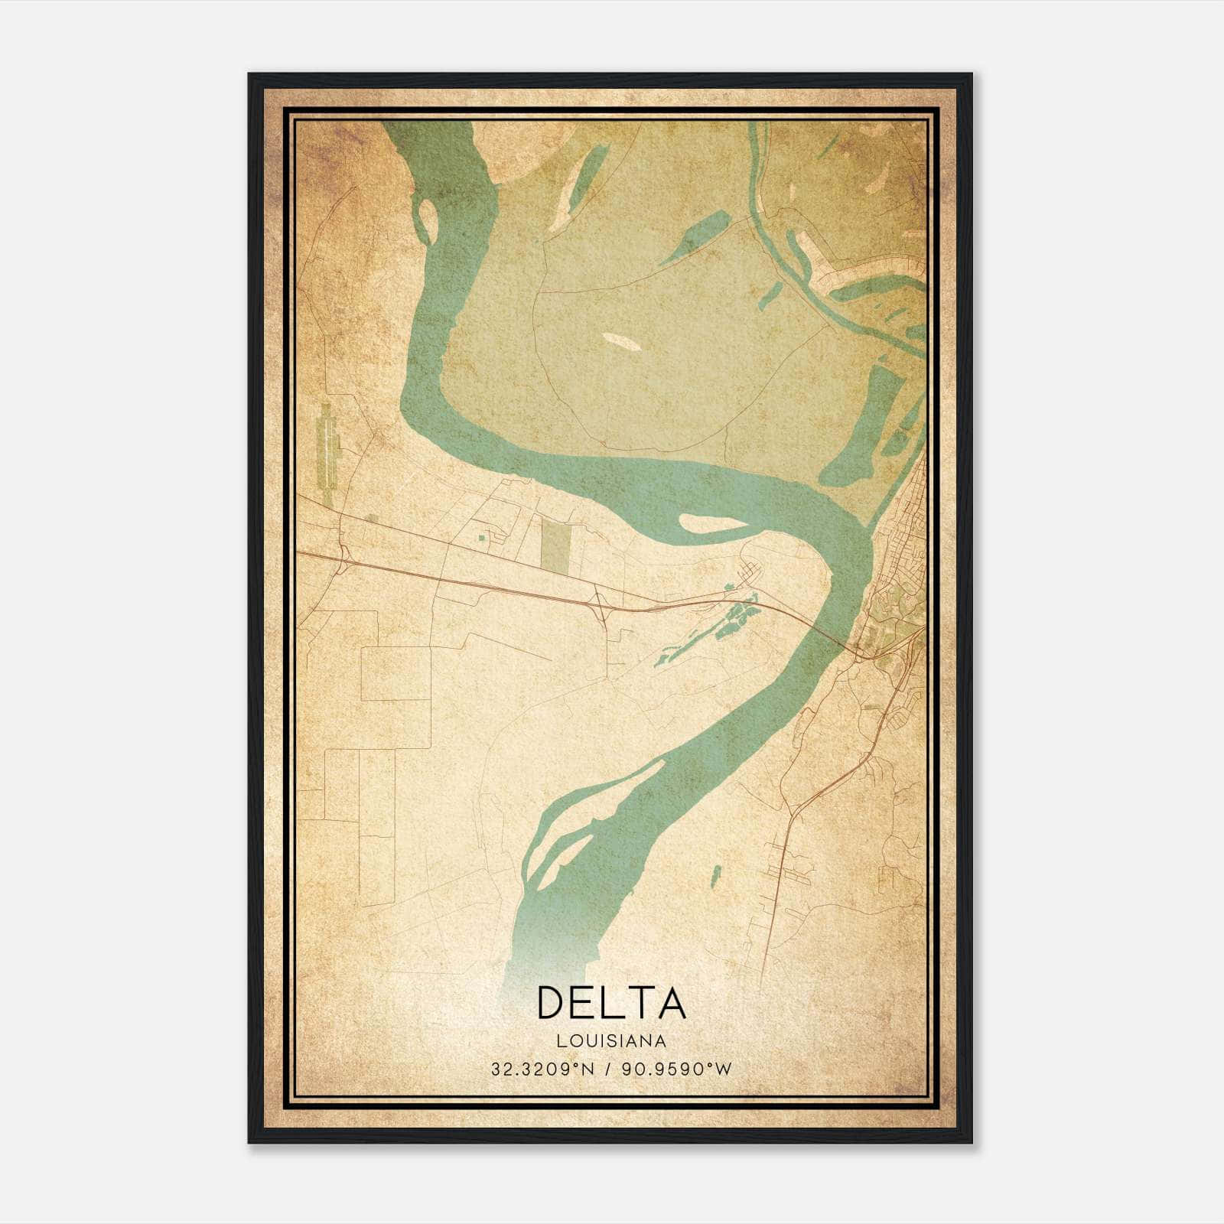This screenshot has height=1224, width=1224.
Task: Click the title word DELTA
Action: pos(611,1002)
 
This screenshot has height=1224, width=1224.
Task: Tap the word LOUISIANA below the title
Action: pos(611,1041)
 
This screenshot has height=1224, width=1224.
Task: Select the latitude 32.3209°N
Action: pos(542,1069)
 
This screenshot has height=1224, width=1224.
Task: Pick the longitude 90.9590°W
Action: pos(676,1069)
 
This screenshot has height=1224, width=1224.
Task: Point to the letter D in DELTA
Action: pos(552,1002)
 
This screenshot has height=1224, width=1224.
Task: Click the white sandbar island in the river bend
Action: pos(710,523)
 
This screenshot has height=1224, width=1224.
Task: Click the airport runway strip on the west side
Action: pos(327,454)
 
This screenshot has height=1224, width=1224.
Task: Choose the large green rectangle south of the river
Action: pos(556,548)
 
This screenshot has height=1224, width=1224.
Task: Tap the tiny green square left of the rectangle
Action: pos(481,539)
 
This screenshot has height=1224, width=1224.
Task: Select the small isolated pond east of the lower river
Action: pos(716,877)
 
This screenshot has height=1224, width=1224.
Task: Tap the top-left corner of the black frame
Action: pos(249,75)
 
